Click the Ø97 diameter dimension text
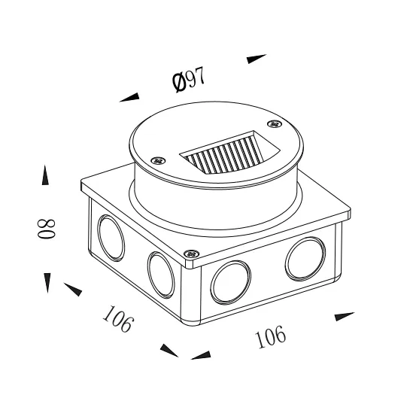click(x=189, y=79)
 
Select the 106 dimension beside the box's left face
click(x=118, y=319)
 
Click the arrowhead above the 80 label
click(x=46, y=175)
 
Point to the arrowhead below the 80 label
click(x=47, y=282)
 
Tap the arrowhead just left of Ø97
click(x=129, y=96)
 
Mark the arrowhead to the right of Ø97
click(x=257, y=58)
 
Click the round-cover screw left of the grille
click(x=157, y=160)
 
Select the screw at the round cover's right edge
click(x=274, y=123)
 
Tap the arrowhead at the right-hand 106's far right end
click(x=343, y=316)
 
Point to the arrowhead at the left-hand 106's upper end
click(x=73, y=289)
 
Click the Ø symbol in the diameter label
click(x=179, y=82)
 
